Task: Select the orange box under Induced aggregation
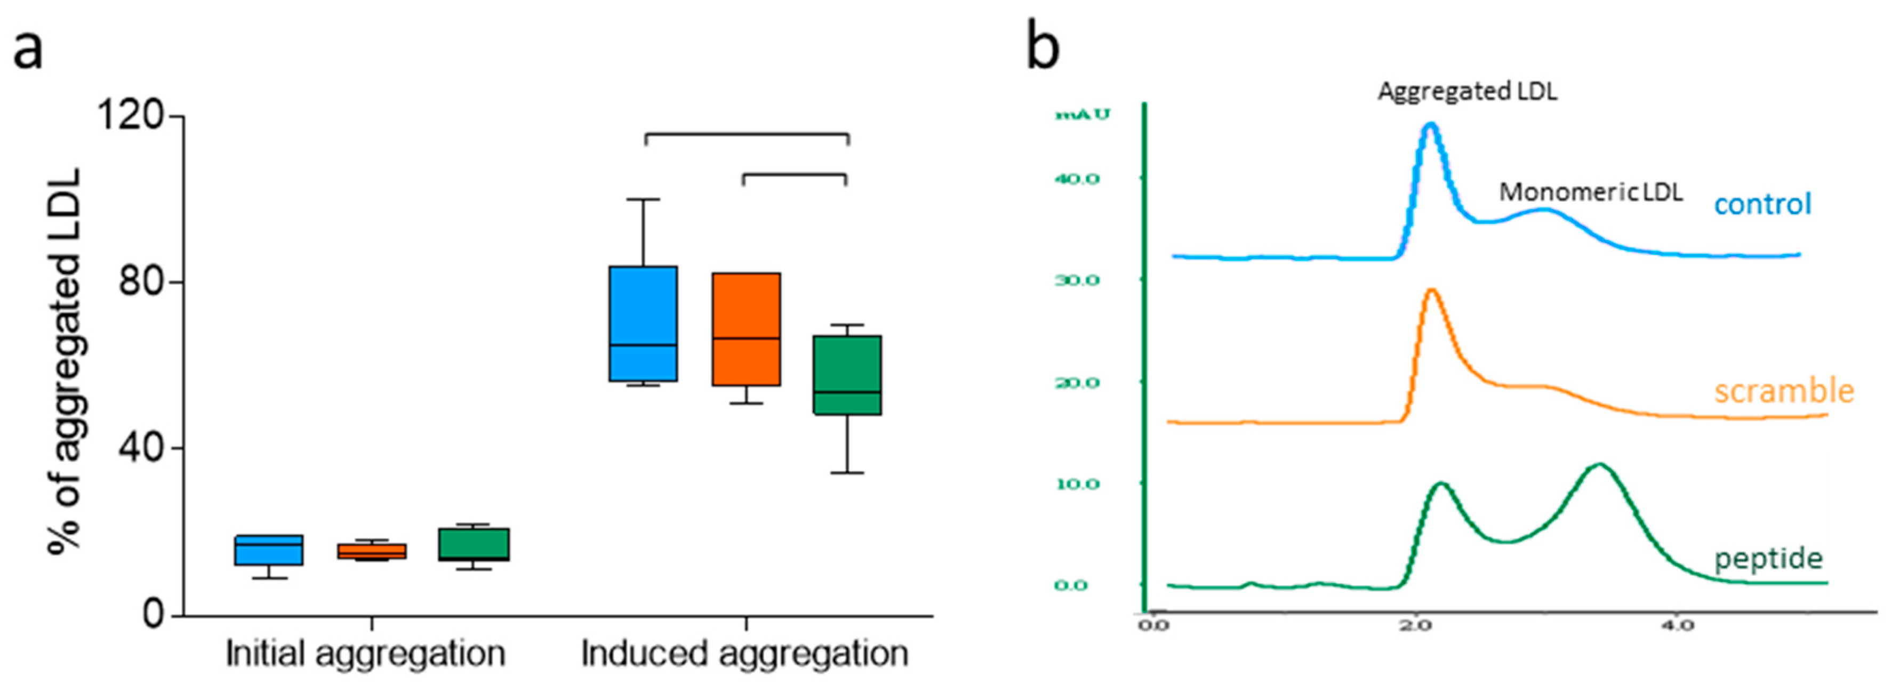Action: click(746, 329)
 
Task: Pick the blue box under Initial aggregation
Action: click(269, 550)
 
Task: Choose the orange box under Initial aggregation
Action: click(372, 551)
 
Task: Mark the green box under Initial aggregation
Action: click(473, 544)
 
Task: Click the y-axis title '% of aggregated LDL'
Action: click(65, 360)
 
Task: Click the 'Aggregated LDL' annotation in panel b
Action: click(1467, 91)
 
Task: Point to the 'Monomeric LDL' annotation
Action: click(1590, 192)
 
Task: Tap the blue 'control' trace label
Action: click(1763, 204)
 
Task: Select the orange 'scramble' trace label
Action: click(1783, 391)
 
